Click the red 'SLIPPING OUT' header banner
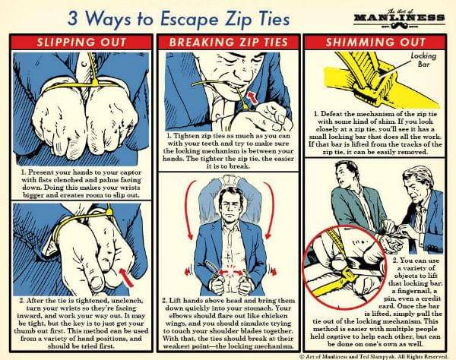81,43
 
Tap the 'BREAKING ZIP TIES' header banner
229,43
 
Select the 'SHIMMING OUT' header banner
375,43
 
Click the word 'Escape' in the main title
189,20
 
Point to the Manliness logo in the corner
399,18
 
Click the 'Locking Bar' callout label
423,59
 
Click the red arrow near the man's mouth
253,97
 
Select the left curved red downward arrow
189,209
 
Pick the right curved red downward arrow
270,209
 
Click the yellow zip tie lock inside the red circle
348,274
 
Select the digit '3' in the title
74,19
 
